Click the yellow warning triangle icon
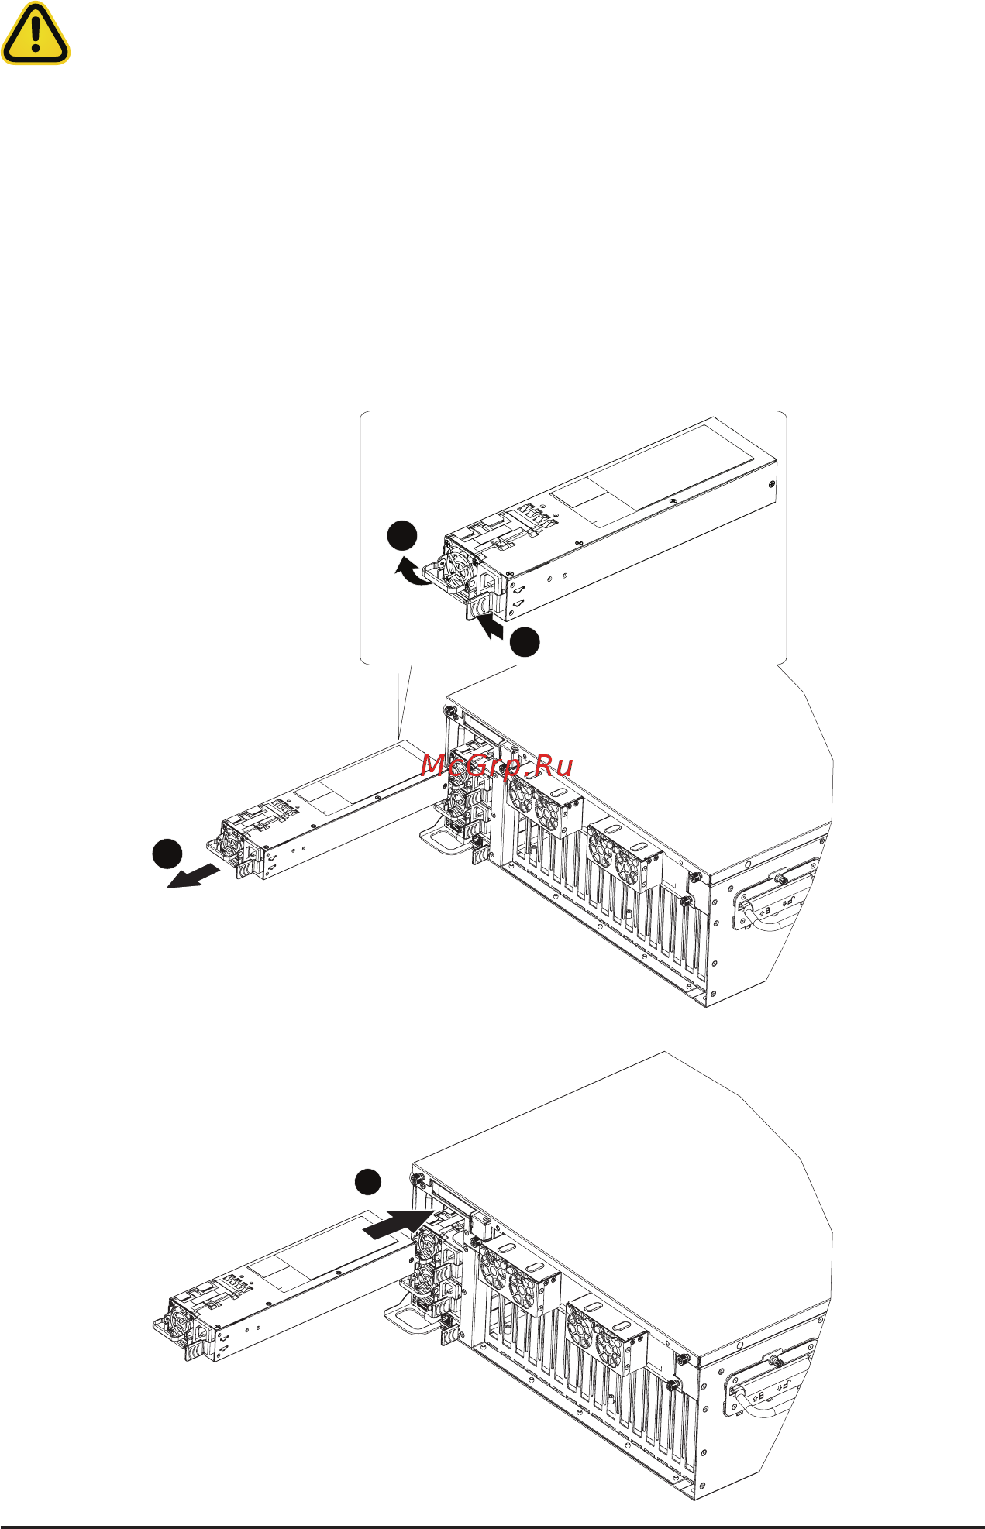coord(35,36)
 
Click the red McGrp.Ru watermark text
coord(497,765)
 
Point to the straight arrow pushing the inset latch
coord(491,626)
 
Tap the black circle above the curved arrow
coord(402,537)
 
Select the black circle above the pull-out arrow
coord(167,854)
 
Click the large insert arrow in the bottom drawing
coord(395,1225)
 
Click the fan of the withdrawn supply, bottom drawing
coord(176,1325)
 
